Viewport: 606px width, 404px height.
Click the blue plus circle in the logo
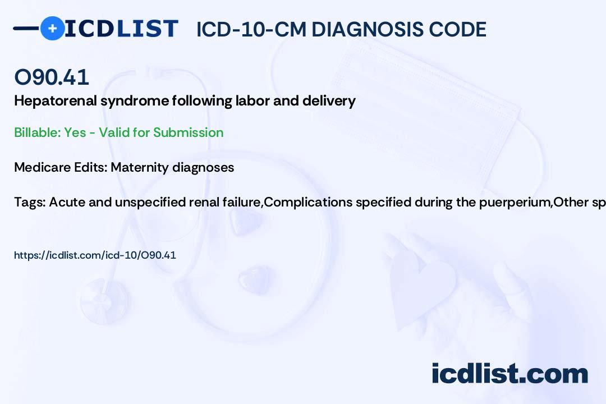52,29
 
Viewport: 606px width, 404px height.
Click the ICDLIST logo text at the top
121,29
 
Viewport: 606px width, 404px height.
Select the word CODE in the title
462,29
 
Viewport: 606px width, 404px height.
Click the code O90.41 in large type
52,77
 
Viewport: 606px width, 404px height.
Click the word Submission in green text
188,132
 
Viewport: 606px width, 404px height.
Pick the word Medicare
40,167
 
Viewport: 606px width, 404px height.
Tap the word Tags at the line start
29,202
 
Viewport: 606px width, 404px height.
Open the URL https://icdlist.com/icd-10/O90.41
95,255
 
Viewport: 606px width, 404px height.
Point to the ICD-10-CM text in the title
250,29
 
